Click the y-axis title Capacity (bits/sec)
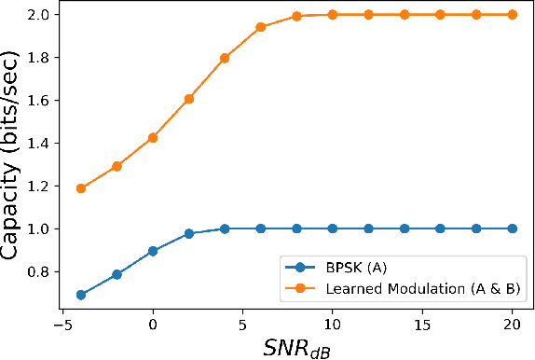click(x=16, y=156)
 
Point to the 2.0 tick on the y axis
click(x=39, y=15)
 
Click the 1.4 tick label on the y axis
click(x=39, y=144)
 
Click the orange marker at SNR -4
click(x=81, y=188)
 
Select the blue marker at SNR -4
click(x=81, y=295)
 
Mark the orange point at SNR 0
click(x=153, y=138)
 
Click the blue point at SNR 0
click(x=153, y=251)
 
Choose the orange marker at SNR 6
click(x=261, y=27)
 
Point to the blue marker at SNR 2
click(x=189, y=233)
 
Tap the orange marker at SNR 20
click(x=512, y=15)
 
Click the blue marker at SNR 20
click(x=512, y=228)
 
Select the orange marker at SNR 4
click(x=225, y=58)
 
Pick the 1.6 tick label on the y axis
click(x=39, y=101)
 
